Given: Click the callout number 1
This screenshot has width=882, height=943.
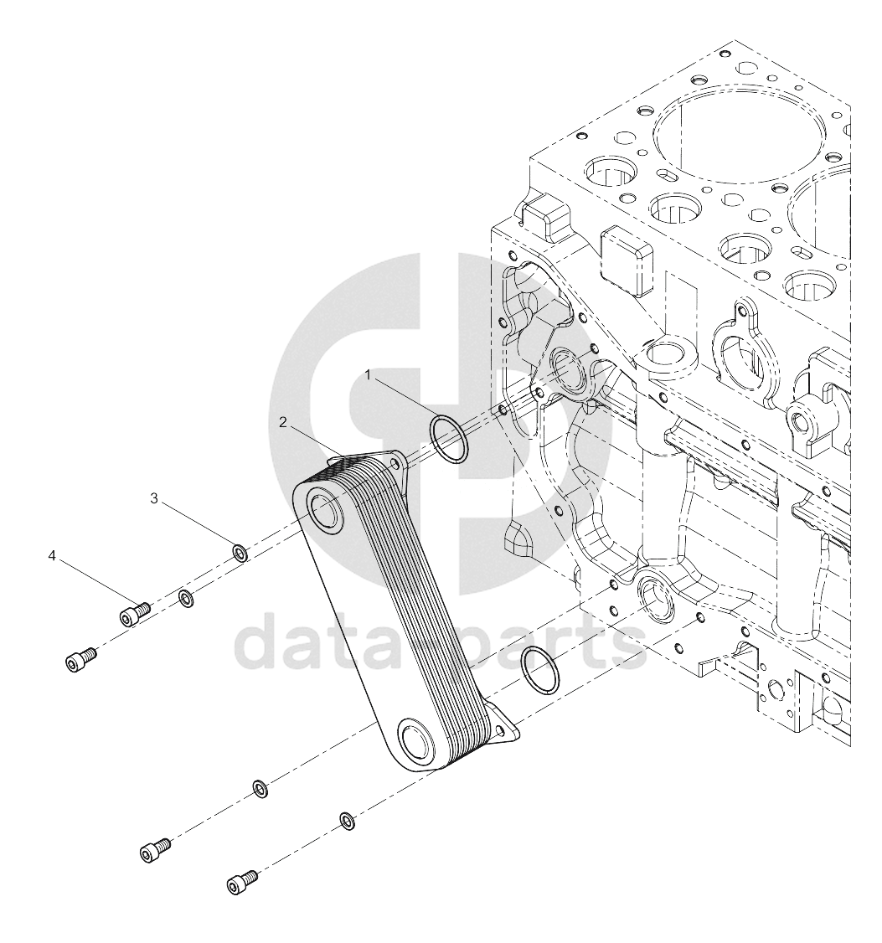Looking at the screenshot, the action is click(x=369, y=375).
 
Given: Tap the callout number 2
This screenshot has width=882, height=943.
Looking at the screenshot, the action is click(x=283, y=422).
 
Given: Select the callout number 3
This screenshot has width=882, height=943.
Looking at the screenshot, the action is click(x=154, y=498).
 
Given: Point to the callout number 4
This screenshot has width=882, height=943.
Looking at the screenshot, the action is click(x=52, y=556).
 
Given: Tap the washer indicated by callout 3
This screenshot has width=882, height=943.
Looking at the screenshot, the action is click(x=240, y=552).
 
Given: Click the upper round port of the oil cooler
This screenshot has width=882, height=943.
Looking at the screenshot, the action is click(x=326, y=509).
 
